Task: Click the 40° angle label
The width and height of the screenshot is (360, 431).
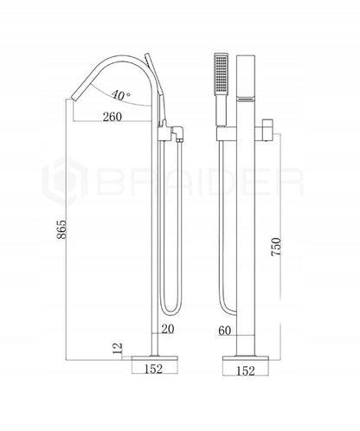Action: (x=121, y=94)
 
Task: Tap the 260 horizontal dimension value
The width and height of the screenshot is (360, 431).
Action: (x=112, y=117)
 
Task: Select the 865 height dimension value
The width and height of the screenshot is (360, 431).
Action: (x=61, y=229)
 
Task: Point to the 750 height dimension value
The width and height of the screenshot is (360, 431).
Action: (x=276, y=247)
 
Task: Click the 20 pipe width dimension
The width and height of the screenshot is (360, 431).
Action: (x=168, y=329)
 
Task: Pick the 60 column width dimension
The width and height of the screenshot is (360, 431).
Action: (x=225, y=331)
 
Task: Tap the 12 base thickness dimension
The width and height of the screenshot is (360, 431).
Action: (x=118, y=349)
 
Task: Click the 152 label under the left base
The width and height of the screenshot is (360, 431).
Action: (x=153, y=369)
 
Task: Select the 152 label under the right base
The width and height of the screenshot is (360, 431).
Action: (x=246, y=371)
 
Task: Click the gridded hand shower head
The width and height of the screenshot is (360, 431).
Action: (x=222, y=74)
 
